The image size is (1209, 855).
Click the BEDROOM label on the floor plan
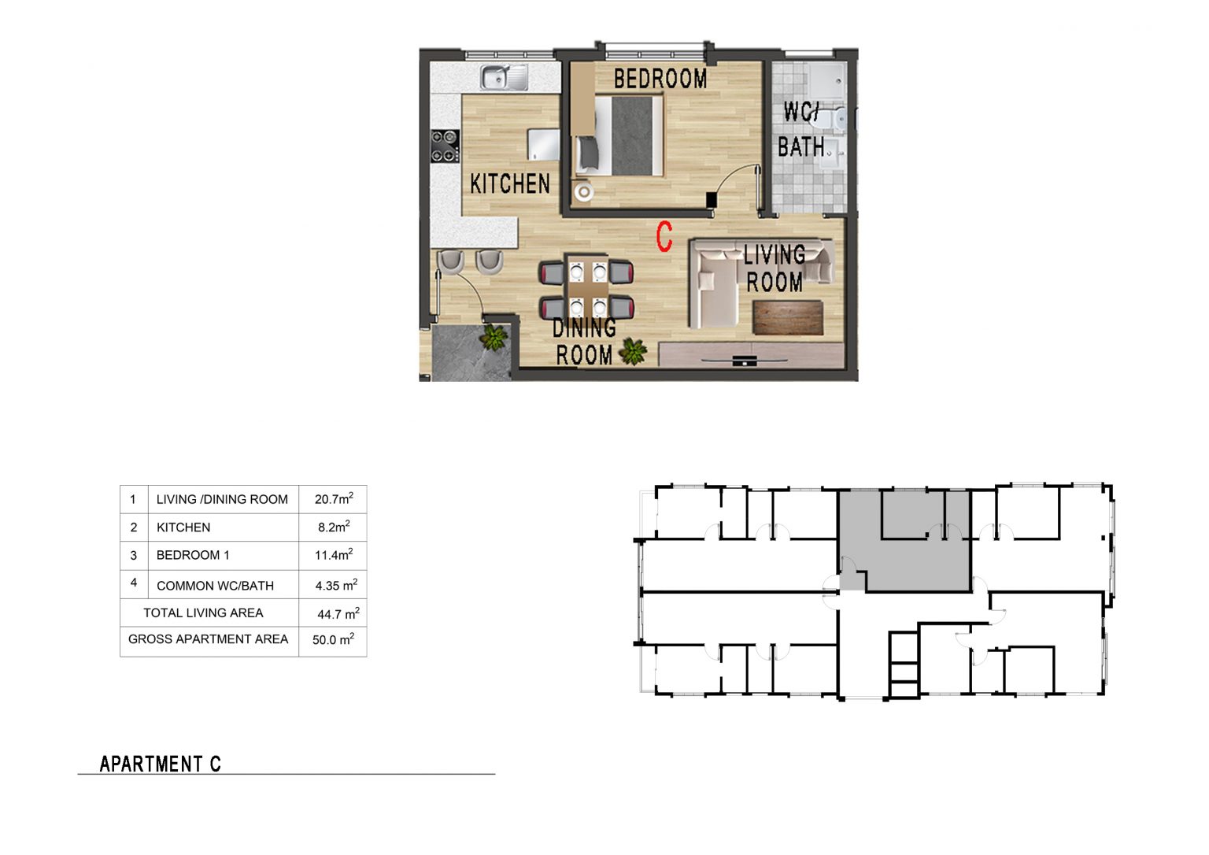click(660, 79)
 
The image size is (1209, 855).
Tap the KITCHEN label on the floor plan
click(510, 183)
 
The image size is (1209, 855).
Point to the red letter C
click(664, 236)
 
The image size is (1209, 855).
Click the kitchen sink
click(504, 76)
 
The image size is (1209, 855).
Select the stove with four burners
click(445, 146)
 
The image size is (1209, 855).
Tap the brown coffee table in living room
click(787, 318)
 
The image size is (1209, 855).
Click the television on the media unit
click(745, 360)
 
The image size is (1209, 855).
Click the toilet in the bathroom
click(832, 120)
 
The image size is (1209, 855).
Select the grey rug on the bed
click(632, 135)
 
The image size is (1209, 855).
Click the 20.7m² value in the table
click(334, 499)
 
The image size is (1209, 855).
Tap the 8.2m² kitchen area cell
click(334, 527)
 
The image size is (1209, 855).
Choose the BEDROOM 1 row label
click(193, 555)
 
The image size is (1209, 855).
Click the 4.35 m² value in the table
click(336, 585)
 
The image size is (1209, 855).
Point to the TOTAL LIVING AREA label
click(203, 613)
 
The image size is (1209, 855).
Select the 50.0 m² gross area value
click(334, 639)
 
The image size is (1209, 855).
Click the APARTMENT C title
click(161, 764)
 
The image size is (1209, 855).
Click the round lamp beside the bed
click(583, 191)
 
